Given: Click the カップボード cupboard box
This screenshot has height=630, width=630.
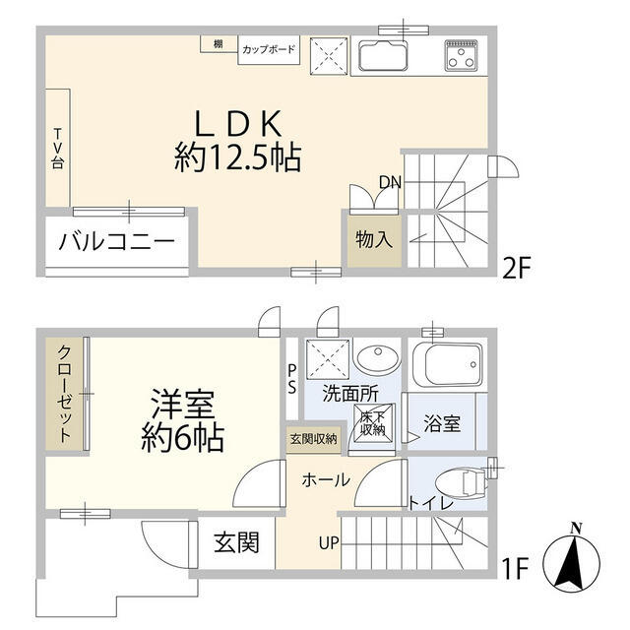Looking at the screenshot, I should [x=268, y=49].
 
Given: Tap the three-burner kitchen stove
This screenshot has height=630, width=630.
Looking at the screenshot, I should [x=461, y=54].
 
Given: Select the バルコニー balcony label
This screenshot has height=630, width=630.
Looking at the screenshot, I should [x=116, y=241].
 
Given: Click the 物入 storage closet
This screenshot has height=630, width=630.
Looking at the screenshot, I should [x=372, y=239].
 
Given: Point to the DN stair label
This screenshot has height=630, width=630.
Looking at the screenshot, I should [x=390, y=181].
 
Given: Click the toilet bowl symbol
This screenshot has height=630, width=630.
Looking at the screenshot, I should [x=463, y=481].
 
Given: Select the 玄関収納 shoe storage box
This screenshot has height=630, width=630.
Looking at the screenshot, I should [x=313, y=438].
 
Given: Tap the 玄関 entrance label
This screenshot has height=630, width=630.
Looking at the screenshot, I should [x=236, y=542].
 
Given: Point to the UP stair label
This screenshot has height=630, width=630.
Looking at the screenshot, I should [x=328, y=542].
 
